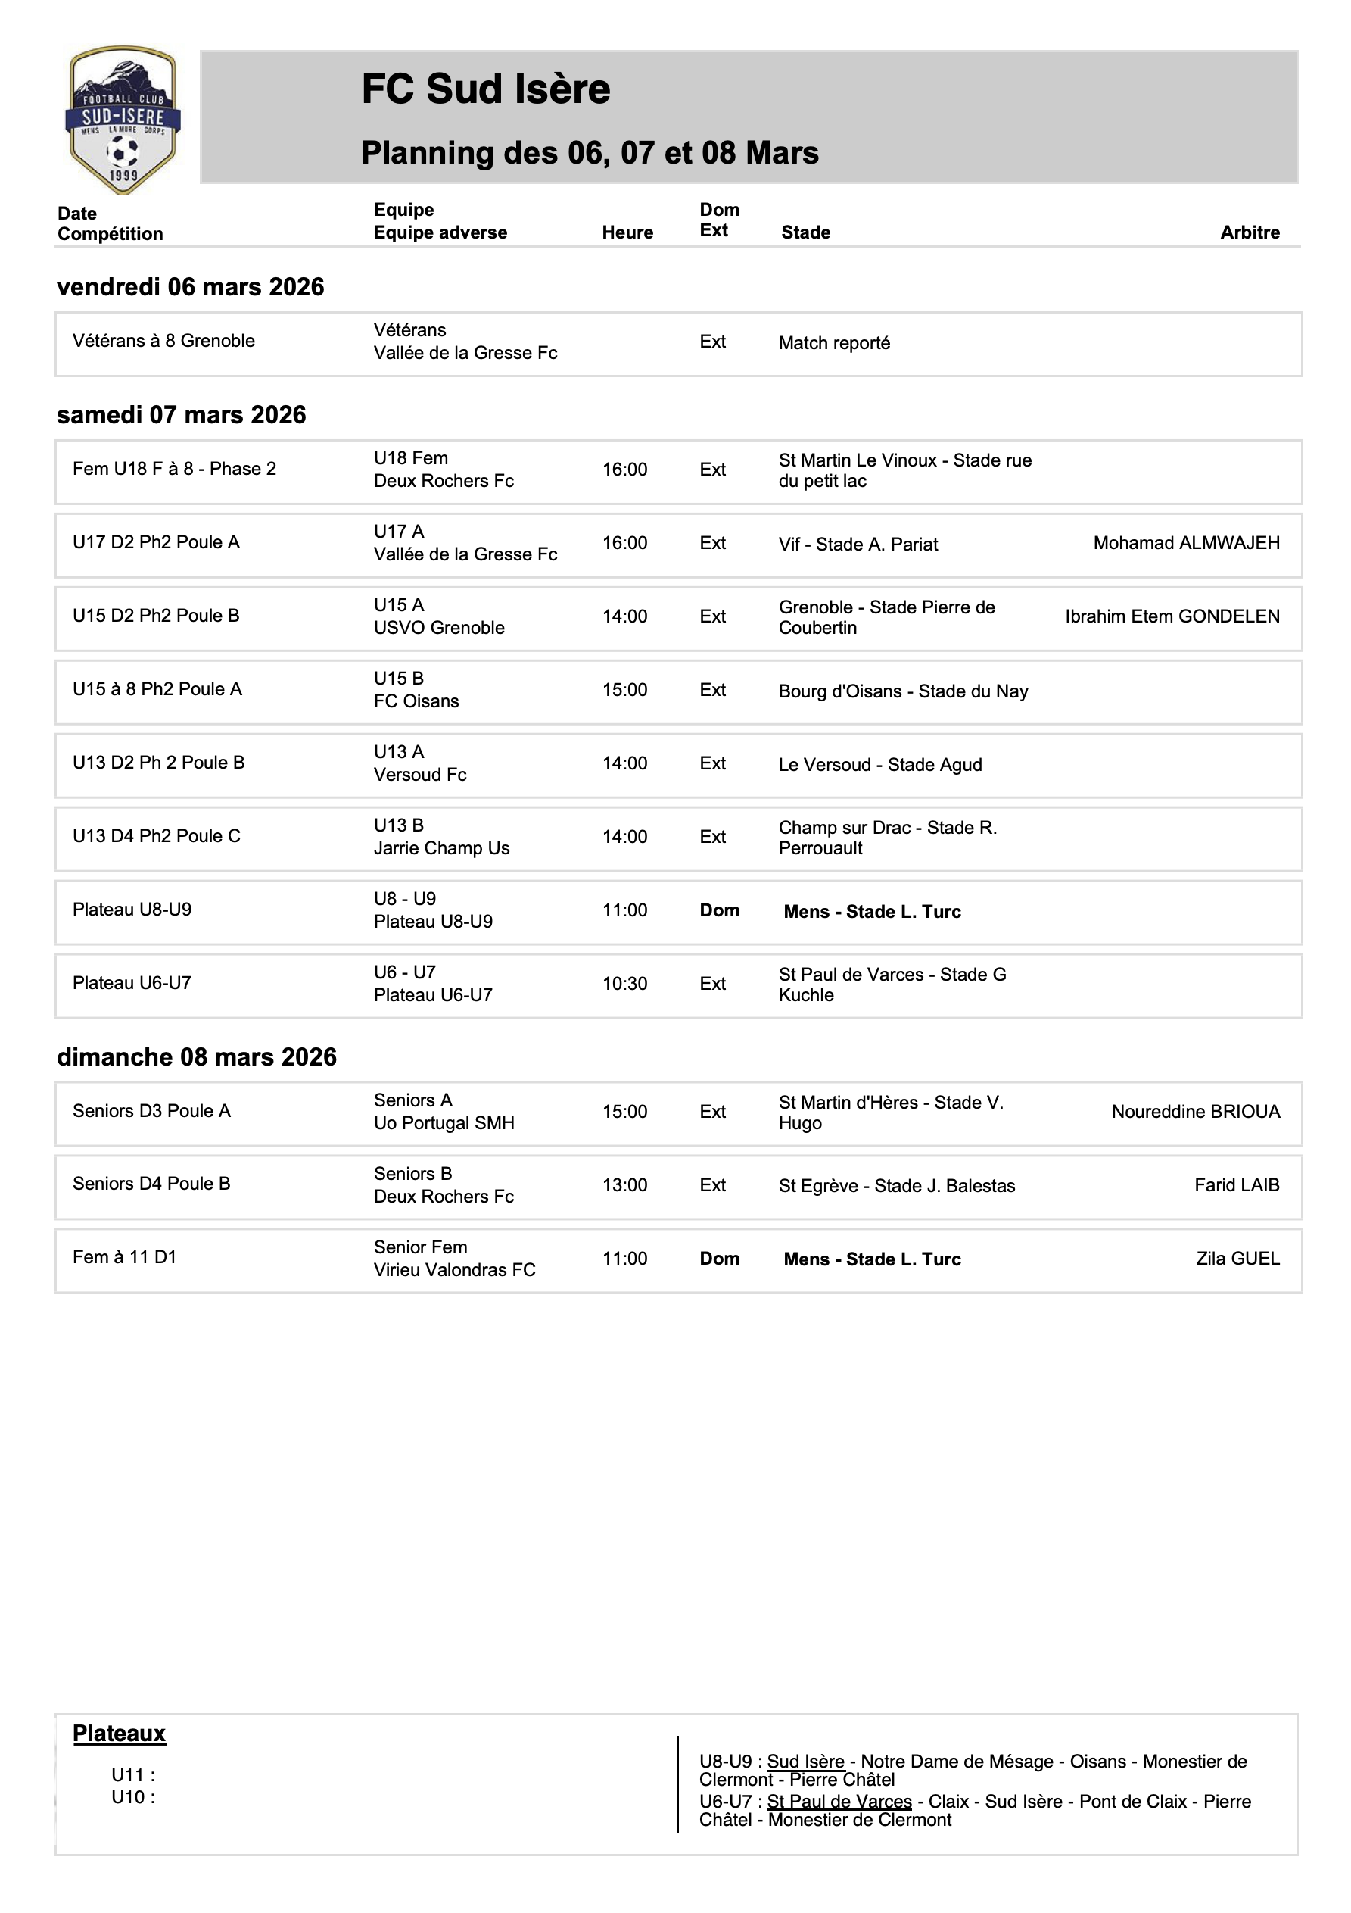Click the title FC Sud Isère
pos(486,89)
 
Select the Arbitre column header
pos(1250,232)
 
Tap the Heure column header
pos(627,232)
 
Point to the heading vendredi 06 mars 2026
pos(190,286)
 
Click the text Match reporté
pos(834,343)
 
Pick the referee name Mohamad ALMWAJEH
pos(1186,543)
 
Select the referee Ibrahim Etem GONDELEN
pos(1172,616)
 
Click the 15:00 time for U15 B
pos(624,690)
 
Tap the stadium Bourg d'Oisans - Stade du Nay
pos(903,691)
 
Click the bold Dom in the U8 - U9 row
pos(719,910)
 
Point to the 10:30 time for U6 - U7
pos(624,983)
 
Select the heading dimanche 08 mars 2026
pos(197,1056)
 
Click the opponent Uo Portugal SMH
pos(444,1123)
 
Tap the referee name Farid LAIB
pos(1236,1184)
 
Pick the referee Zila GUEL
pos(1237,1258)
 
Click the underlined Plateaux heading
pos(119,1733)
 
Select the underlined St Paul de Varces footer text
pos(839,1802)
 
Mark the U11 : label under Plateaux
pos(133,1774)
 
